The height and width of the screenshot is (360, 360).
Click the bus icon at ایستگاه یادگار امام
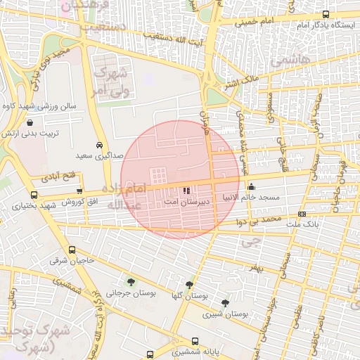[x=325, y=14]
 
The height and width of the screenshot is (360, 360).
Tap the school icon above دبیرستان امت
[x=186, y=190]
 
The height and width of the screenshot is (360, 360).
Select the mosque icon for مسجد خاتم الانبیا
[x=251, y=187]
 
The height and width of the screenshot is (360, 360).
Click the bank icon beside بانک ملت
[x=302, y=214]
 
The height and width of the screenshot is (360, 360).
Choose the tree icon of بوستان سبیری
[x=225, y=303]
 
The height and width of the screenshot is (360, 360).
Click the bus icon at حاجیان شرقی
[x=72, y=250]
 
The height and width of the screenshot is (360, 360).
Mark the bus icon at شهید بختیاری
[x=34, y=195]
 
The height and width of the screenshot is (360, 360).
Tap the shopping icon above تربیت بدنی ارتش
[x=28, y=122]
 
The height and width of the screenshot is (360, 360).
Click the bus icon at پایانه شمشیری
[x=149, y=354]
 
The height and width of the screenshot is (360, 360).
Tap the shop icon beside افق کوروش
[x=79, y=190]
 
